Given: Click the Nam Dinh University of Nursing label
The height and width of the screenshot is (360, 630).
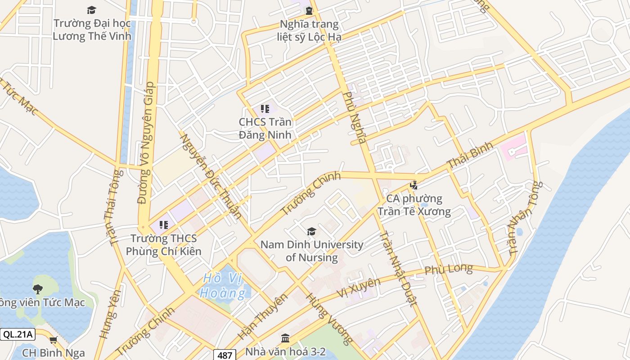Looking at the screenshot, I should click(312, 251).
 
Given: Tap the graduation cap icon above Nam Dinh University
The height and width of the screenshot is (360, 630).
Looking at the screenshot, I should click(311, 232).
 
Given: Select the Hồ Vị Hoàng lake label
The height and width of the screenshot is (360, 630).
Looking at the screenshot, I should click(224, 286).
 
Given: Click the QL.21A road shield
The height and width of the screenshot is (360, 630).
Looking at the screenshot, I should click(18, 334).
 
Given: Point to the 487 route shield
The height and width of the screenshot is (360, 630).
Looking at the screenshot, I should click(224, 355).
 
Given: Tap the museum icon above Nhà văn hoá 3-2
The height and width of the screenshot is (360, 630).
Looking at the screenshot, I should click(285, 338).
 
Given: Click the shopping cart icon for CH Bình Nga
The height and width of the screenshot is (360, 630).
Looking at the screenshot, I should click(53, 340).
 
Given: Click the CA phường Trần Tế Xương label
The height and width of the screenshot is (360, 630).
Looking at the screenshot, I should click(414, 205).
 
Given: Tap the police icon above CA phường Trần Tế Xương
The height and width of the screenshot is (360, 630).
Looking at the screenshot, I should click(414, 185).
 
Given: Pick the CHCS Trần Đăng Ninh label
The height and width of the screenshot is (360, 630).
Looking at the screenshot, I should click(265, 128).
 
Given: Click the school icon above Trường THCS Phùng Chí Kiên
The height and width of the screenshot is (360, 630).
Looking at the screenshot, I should click(164, 225).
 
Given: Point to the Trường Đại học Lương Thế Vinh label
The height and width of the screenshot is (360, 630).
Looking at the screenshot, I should click(92, 30).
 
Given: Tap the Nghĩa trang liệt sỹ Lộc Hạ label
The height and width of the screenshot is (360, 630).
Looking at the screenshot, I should click(309, 30).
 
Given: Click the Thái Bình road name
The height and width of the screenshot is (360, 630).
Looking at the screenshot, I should click(470, 157).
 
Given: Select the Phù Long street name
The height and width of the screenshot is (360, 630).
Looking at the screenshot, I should click(449, 270).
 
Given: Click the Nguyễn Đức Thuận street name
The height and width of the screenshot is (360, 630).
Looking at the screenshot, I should click(210, 175).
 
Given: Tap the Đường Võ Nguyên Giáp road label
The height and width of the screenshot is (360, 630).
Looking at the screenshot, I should click(144, 143).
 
